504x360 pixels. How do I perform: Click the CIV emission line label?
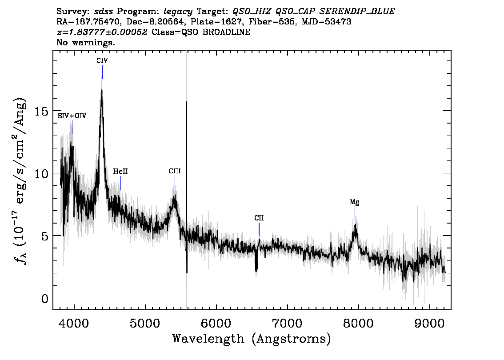coord(102,60)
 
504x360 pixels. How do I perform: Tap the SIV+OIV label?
coord(72,116)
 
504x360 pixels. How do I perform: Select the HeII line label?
coord(120,171)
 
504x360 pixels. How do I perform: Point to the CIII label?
coord(175,171)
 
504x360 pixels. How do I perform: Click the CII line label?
coord(259,218)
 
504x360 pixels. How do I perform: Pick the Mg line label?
coord(355,202)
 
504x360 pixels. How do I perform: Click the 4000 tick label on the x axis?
coord(74,323)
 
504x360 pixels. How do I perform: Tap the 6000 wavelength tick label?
coord(216,323)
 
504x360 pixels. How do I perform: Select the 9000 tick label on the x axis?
coord(429,323)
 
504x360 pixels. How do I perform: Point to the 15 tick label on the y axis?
coord(41,111)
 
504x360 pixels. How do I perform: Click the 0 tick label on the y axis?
coord(45,299)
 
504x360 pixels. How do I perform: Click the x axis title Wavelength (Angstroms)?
coord(252,339)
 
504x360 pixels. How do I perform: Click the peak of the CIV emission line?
coord(102,90)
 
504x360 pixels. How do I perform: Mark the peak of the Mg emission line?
coord(355,224)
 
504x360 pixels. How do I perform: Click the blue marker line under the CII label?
coord(259,229)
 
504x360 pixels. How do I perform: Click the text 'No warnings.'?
coord(85,42)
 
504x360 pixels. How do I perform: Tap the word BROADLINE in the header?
coord(226,32)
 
